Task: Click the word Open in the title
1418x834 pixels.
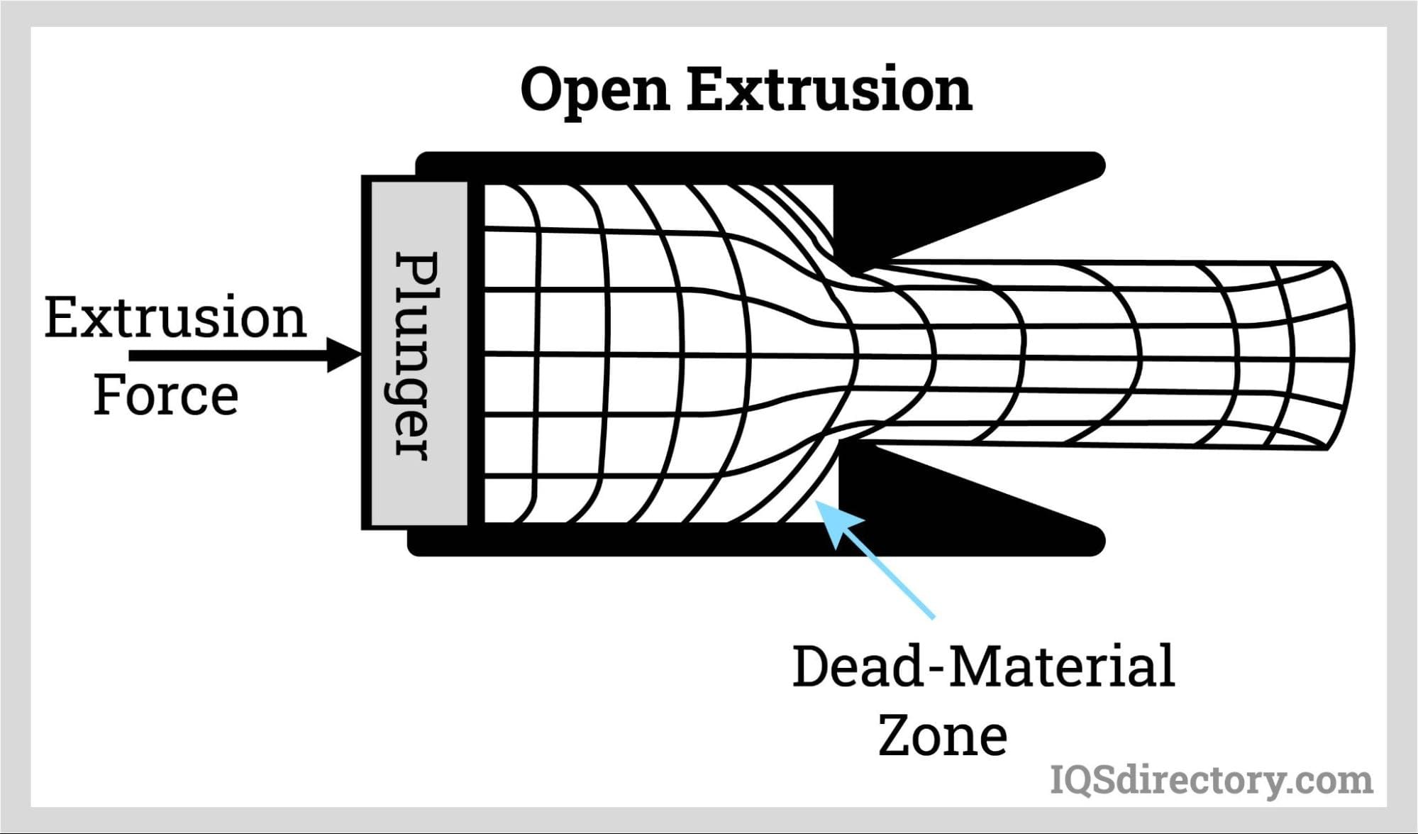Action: click(595, 90)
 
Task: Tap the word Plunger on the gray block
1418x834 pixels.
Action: click(416, 355)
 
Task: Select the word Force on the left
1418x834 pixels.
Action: click(166, 395)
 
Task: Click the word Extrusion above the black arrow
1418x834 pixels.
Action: click(175, 317)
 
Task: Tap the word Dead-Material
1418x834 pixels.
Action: click(983, 666)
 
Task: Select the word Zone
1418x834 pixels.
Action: click(943, 735)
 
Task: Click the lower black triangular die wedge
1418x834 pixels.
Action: click(922, 497)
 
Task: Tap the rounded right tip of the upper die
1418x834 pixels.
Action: click(1096, 166)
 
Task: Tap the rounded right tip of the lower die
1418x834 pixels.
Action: click(1096, 541)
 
